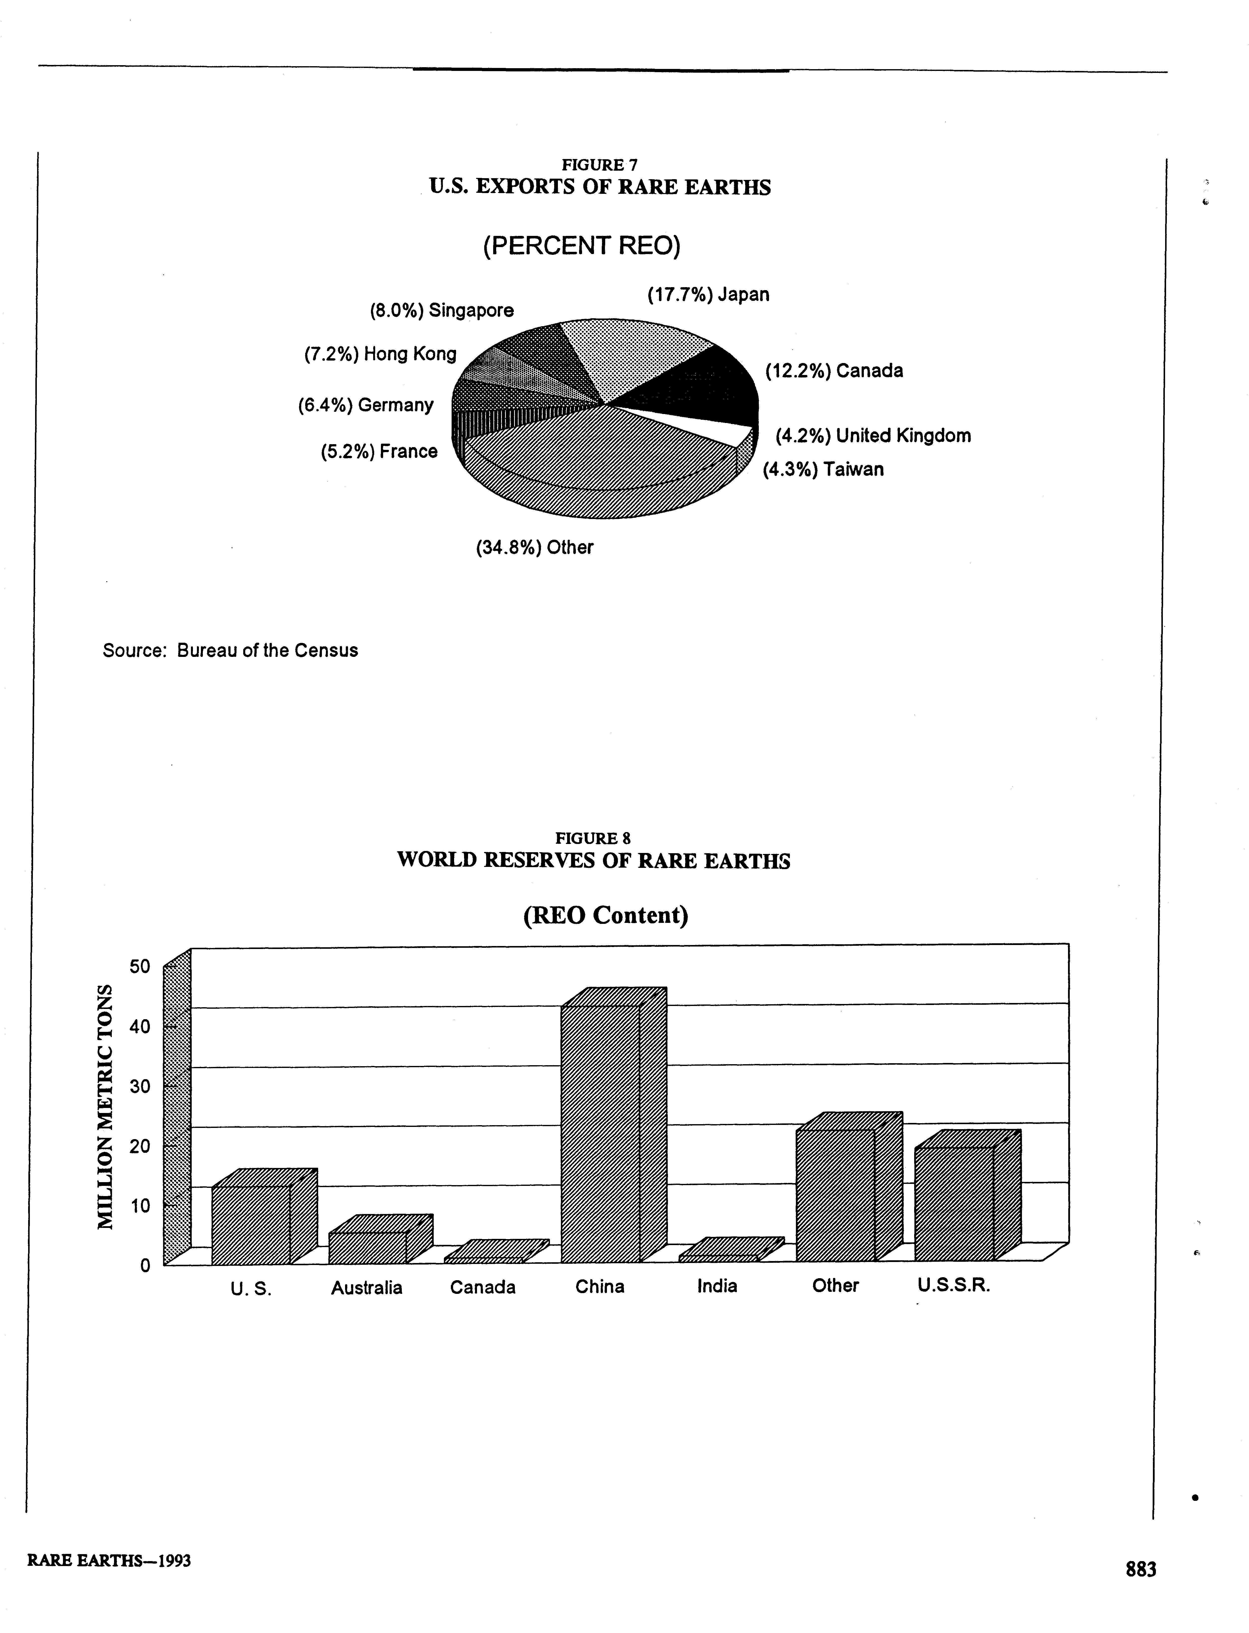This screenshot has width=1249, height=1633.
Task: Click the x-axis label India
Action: [x=717, y=1286]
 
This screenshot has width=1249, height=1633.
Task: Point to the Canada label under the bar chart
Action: [x=482, y=1287]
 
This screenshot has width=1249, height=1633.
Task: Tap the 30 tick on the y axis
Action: [x=140, y=1086]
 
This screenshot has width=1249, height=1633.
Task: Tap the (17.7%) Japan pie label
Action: [x=708, y=295]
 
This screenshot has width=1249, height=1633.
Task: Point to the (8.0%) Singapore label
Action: [x=442, y=311]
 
